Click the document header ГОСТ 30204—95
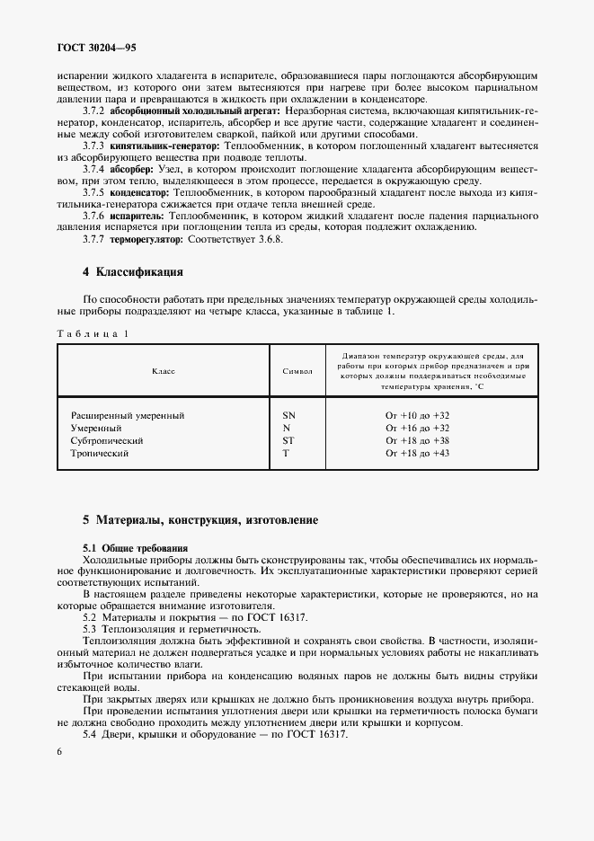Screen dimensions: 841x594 click(97, 46)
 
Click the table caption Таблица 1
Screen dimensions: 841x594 click(92, 333)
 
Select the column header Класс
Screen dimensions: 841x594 click(163, 370)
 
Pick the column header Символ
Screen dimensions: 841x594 click(297, 370)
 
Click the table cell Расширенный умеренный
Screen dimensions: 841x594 click(128, 416)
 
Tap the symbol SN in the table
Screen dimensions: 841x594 click(288, 416)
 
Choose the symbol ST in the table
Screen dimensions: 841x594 click(288, 441)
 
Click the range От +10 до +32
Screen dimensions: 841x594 click(417, 416)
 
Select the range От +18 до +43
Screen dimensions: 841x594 click(417, 454)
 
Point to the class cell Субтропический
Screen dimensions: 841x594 click(107, 441)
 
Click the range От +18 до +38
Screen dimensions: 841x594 click(417, 441)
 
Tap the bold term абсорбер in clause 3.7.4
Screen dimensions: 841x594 click(132, 168)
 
